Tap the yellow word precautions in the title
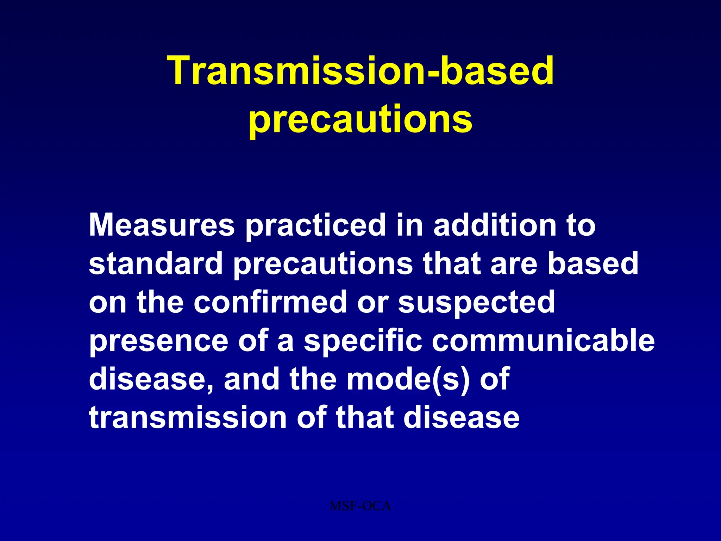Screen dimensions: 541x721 [360, 120]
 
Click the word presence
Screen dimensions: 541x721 [158, 341]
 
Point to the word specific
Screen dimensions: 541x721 [363, 341]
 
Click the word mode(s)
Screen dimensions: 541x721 [408, 379]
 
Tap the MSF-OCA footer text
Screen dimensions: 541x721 [360, 506]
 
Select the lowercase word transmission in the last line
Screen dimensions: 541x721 [188, 418]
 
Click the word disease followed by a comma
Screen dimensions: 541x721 [151, 379]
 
